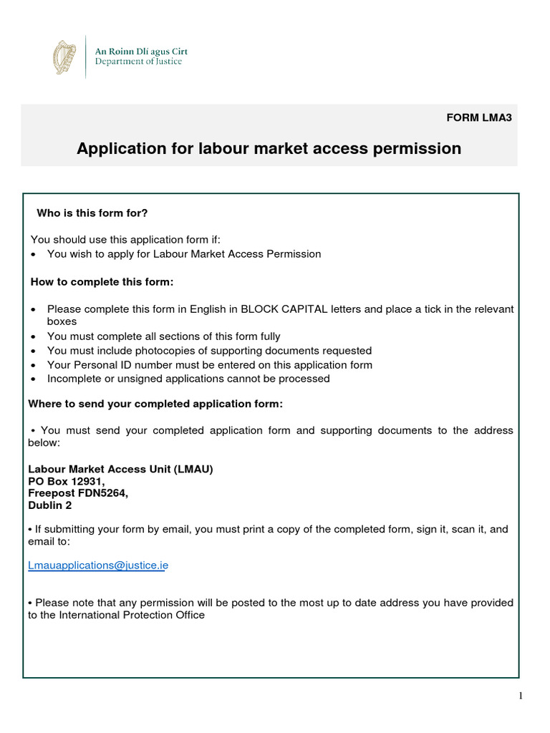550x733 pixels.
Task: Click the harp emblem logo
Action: pos(64,57)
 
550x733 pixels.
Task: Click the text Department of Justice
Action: pos(139,62)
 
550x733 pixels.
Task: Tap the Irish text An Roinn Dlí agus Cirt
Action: pos(142,52)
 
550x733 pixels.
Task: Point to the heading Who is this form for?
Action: pos(92,213)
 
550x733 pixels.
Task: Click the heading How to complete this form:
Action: pos(101,282)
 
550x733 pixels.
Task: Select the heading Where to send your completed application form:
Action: pos(155,404)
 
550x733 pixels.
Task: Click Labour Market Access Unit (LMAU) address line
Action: pos(120,470)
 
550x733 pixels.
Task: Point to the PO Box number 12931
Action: pos(87,482)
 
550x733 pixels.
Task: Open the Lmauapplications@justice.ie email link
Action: pos(98,565)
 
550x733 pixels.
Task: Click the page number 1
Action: pos(521,696)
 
